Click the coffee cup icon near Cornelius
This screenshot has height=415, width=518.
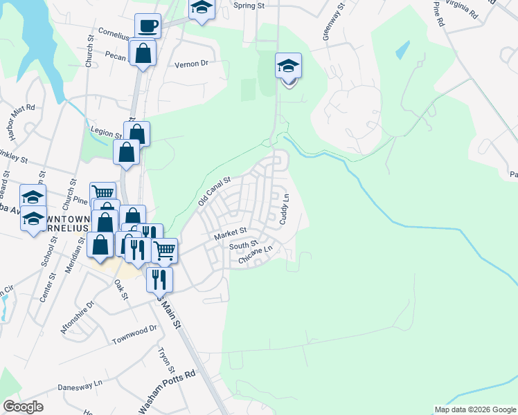(x=148, y=26)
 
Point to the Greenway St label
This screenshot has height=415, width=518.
(x=333, y=25)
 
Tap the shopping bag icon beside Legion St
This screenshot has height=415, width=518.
(x=137, y=133)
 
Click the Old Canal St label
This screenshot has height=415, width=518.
(x=213, y=191)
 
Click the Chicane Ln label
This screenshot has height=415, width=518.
(x=257, y=256)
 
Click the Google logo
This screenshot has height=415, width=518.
(x=23, y=406)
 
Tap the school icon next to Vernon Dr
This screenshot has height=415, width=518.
(x=288, y=66)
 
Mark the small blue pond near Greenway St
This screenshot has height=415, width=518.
(x=401, y=50)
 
